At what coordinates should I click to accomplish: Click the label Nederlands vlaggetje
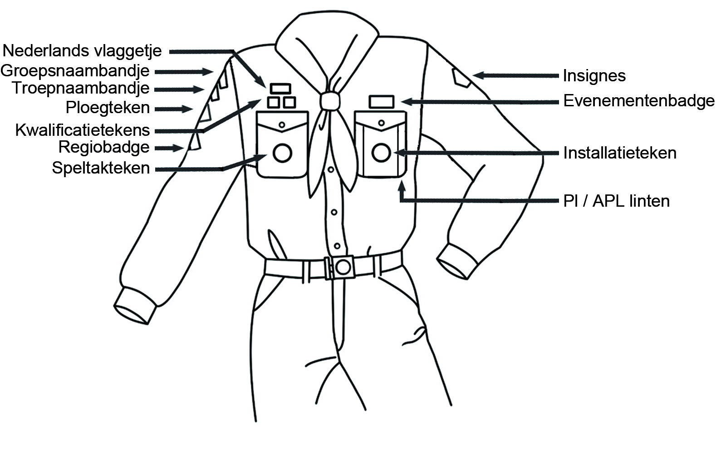tap(82, 51)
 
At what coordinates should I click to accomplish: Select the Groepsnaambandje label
tap(75, 71)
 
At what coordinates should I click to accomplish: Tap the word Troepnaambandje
tap(81, 88)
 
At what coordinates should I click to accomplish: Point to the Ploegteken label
tap(108, 107)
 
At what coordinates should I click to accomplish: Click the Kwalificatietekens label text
tap(82, 130)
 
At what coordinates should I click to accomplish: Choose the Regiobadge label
tap(104, 147)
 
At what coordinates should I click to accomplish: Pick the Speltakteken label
tap(101, 168)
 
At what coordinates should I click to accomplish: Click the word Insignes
tap(594, 75)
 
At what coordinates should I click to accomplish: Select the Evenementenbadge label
tap(639, 100)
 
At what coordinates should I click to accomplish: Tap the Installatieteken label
tap(620, 153)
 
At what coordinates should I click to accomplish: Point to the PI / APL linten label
tap(617, 201)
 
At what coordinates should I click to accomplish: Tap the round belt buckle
tap(343, 267)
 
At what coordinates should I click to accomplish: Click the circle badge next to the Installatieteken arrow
tap(381, 153)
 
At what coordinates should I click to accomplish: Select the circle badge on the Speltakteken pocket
tap(282, 153)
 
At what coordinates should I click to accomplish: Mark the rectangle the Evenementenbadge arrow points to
tap(382, 102)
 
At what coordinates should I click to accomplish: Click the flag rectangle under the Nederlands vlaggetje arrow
tap(280, 88)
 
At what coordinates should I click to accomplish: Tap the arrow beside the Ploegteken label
tap(174, 109)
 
